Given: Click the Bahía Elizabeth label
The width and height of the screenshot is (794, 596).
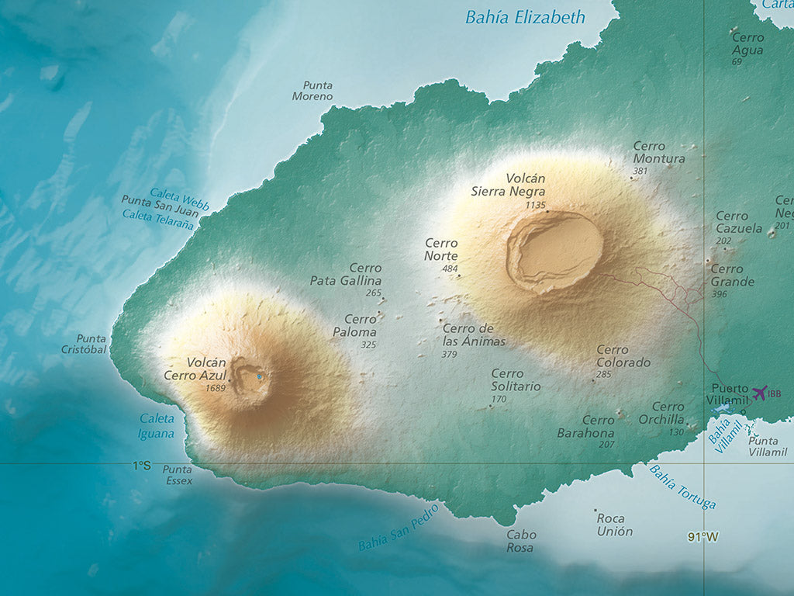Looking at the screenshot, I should pos(525,17).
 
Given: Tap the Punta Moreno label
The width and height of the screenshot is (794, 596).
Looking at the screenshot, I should pos(313,91).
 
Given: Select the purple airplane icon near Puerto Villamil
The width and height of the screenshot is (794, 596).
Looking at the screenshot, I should pos(759,393).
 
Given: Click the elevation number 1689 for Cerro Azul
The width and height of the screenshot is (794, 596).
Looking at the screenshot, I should pos(216,387).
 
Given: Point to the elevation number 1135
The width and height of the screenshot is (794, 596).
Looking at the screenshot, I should pos(536,205).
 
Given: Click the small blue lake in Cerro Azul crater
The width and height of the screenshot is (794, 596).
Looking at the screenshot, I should pos(260,377).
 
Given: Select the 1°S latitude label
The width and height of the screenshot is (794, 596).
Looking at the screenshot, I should pos(140,466).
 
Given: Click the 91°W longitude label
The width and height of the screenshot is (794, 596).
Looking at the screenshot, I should pos(703,536).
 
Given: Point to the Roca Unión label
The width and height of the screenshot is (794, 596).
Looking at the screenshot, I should pos(615,525).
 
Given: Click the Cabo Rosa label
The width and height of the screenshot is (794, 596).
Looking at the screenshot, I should pos(520,541).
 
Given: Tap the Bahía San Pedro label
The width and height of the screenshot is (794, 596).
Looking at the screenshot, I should pos(399,528).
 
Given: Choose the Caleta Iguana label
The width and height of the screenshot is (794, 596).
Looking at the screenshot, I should pos(157,426).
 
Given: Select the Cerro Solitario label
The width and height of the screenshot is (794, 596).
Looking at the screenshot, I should pos(516,380).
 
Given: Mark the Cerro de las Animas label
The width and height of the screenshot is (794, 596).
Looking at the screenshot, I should pos(474,335).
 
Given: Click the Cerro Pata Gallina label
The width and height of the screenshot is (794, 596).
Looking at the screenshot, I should pos(347,275).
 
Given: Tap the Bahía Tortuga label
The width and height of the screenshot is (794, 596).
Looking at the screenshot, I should pos(682,487).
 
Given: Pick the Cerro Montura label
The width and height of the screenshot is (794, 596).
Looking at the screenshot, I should pos(658,152).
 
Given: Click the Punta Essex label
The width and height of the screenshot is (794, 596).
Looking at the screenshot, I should pos(178,475).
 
